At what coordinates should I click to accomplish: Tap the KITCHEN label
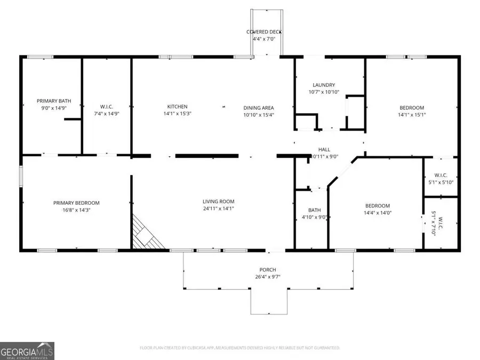177,107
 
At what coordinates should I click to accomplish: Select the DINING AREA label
259,107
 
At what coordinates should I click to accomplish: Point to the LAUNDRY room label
324,85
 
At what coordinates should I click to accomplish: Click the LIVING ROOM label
218,202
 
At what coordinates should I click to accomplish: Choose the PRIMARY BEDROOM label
76,203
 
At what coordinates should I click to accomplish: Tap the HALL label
324,150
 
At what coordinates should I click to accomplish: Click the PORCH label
268,270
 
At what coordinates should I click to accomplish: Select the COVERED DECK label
264,32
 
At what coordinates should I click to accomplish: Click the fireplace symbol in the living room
147,234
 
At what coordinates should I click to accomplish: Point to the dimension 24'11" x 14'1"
218,209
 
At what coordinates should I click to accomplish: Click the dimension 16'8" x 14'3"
76,210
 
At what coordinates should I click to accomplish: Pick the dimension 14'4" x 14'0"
377,213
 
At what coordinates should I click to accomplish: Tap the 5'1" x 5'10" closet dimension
441,182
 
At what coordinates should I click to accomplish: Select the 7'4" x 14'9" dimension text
106,113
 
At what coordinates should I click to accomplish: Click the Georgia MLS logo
27,351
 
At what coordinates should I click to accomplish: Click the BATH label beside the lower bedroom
314,210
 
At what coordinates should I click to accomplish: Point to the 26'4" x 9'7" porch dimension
268,277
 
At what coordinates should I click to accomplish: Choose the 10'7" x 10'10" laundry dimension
324,92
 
